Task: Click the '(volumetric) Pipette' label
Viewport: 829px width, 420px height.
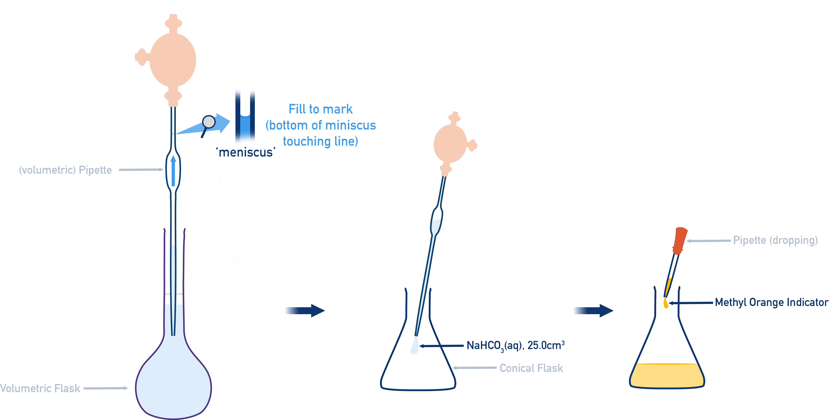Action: coord(65,170)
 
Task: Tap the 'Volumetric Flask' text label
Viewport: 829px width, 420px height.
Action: coord(40,389)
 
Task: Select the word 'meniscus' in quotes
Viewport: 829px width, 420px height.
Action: coord(246,152)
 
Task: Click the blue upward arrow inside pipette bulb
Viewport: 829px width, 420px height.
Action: coord(173,170)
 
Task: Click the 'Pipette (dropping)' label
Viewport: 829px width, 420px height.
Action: coord(775,240)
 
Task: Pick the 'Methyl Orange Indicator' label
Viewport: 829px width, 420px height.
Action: coord(771,302)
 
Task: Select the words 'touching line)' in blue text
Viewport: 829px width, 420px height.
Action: coord(320,141)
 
